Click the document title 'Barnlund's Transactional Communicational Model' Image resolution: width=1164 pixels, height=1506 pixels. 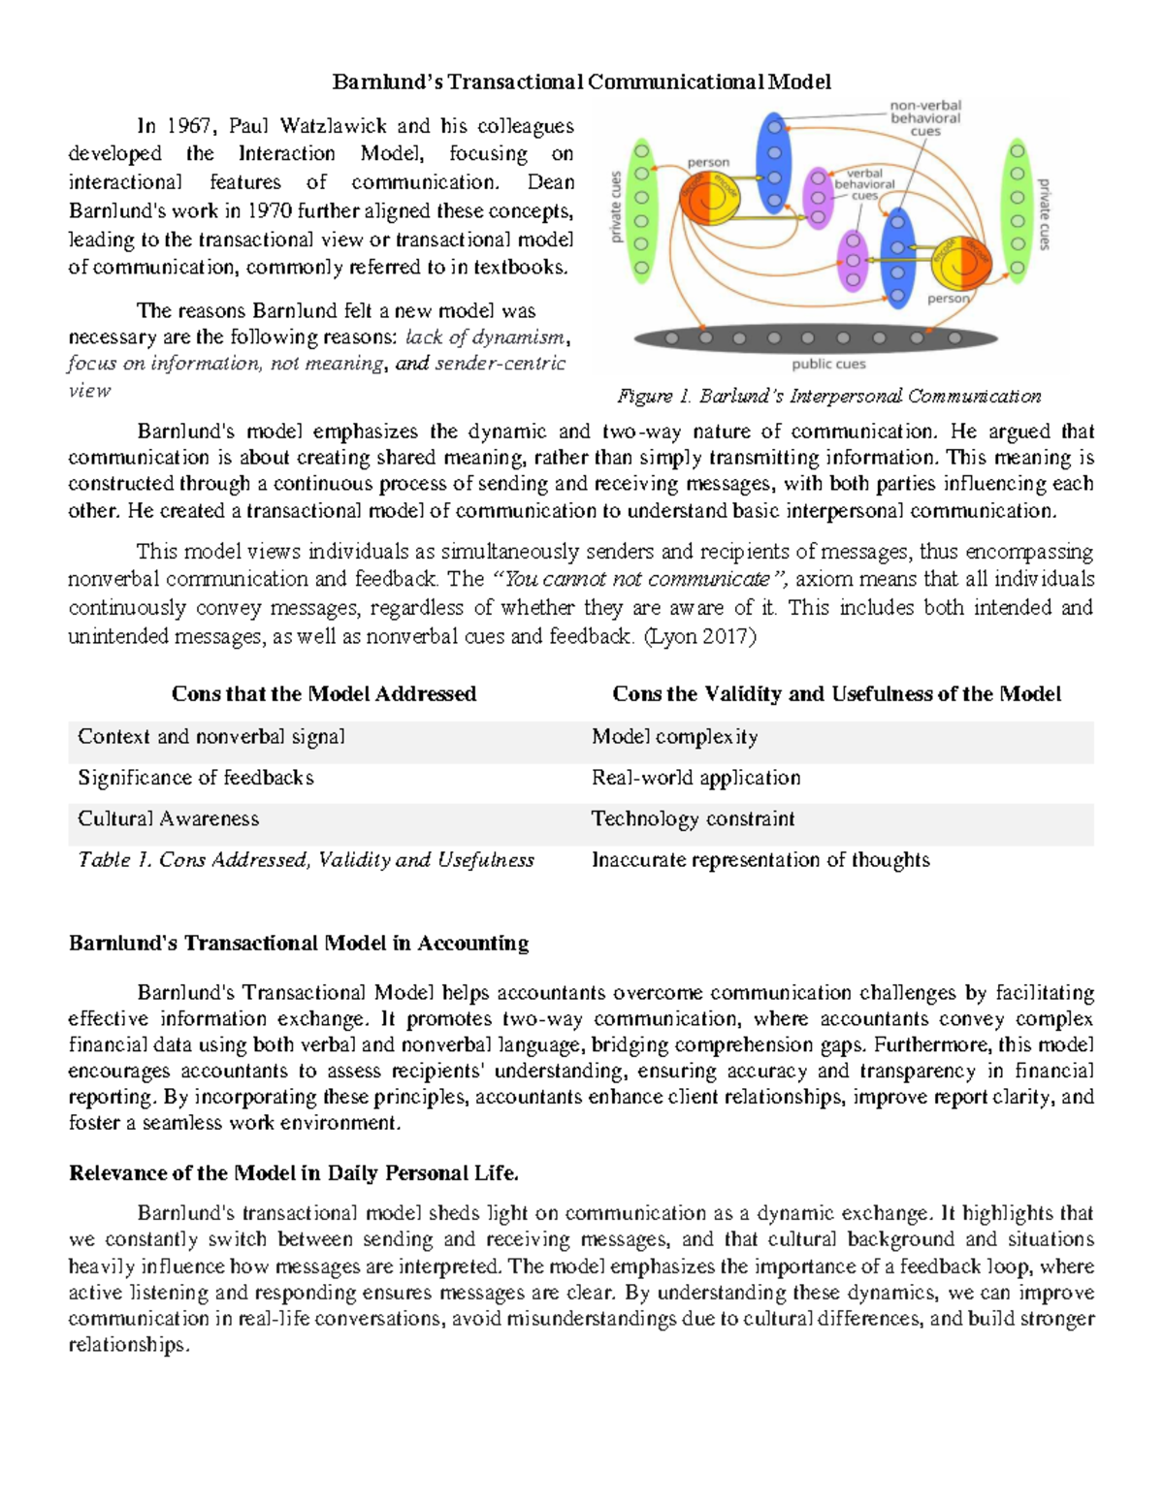click(x=581, y=81)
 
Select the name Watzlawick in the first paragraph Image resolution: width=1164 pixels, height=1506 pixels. click(x=333, y=126)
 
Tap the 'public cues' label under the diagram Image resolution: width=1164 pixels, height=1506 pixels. click(x=828, y=365)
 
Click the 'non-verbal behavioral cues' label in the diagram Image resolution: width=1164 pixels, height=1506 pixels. click(x=925, y=118)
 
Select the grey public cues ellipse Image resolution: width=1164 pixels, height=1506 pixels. click(x=815, y=338)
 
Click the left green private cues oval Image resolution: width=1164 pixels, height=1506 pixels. click(x=641, y=210)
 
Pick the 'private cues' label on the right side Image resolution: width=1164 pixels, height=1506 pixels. click(x=1044, y=214)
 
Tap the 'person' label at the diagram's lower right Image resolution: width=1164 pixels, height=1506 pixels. click(x=948, y=299)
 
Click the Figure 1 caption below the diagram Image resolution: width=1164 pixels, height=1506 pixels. click(x=828, y=396)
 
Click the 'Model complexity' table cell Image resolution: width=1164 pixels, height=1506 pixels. click(x=674, y=737)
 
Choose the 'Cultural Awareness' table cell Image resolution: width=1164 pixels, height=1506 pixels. click(x=169, y=818)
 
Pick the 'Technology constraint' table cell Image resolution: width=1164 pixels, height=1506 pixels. click(x=693, y=818)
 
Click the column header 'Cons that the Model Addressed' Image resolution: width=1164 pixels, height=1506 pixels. click(x=323, y=694)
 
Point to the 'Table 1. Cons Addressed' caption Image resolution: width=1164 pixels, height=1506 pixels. click(x=306, y=860)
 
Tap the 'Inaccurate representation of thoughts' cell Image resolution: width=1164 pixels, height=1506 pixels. click(x=760, y=860)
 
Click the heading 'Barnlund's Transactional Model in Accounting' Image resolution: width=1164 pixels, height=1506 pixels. click(x=299, y=944)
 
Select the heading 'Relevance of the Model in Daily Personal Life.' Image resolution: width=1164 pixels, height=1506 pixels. click(x=294, y=1173)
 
